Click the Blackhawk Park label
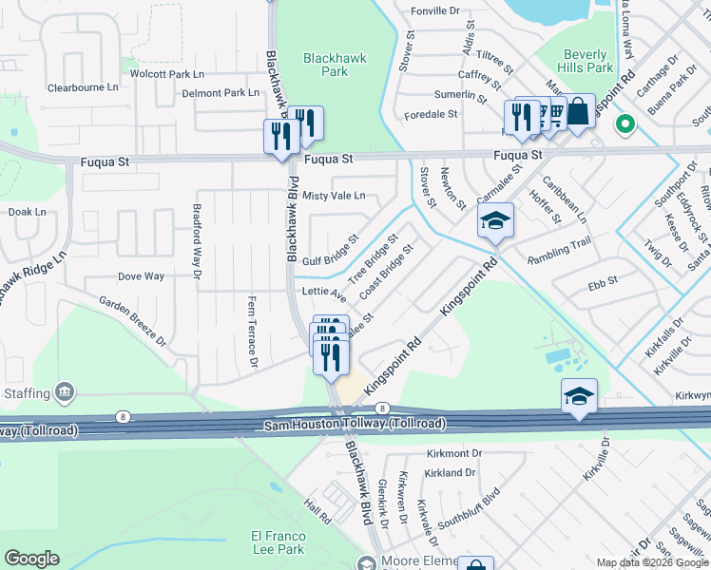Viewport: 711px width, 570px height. click(x=335, y=65)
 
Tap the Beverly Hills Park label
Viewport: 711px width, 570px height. click(x=587, y=61)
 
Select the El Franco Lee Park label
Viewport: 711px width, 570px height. click(x=278, y=542)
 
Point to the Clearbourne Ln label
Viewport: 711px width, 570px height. click(x=82, y=87)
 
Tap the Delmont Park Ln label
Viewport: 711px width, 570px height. click(x=221, y=93)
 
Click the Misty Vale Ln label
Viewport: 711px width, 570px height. click(x=334, y=196)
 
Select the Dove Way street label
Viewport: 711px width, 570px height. click(x=141, y=276)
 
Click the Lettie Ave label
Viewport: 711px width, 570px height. click(x=323, y=292)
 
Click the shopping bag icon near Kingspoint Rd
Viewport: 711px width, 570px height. click(x=578, y=112)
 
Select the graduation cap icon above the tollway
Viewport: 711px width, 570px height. click(x=579, y=397)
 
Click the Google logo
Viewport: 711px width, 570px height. click(x=31, y=559)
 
